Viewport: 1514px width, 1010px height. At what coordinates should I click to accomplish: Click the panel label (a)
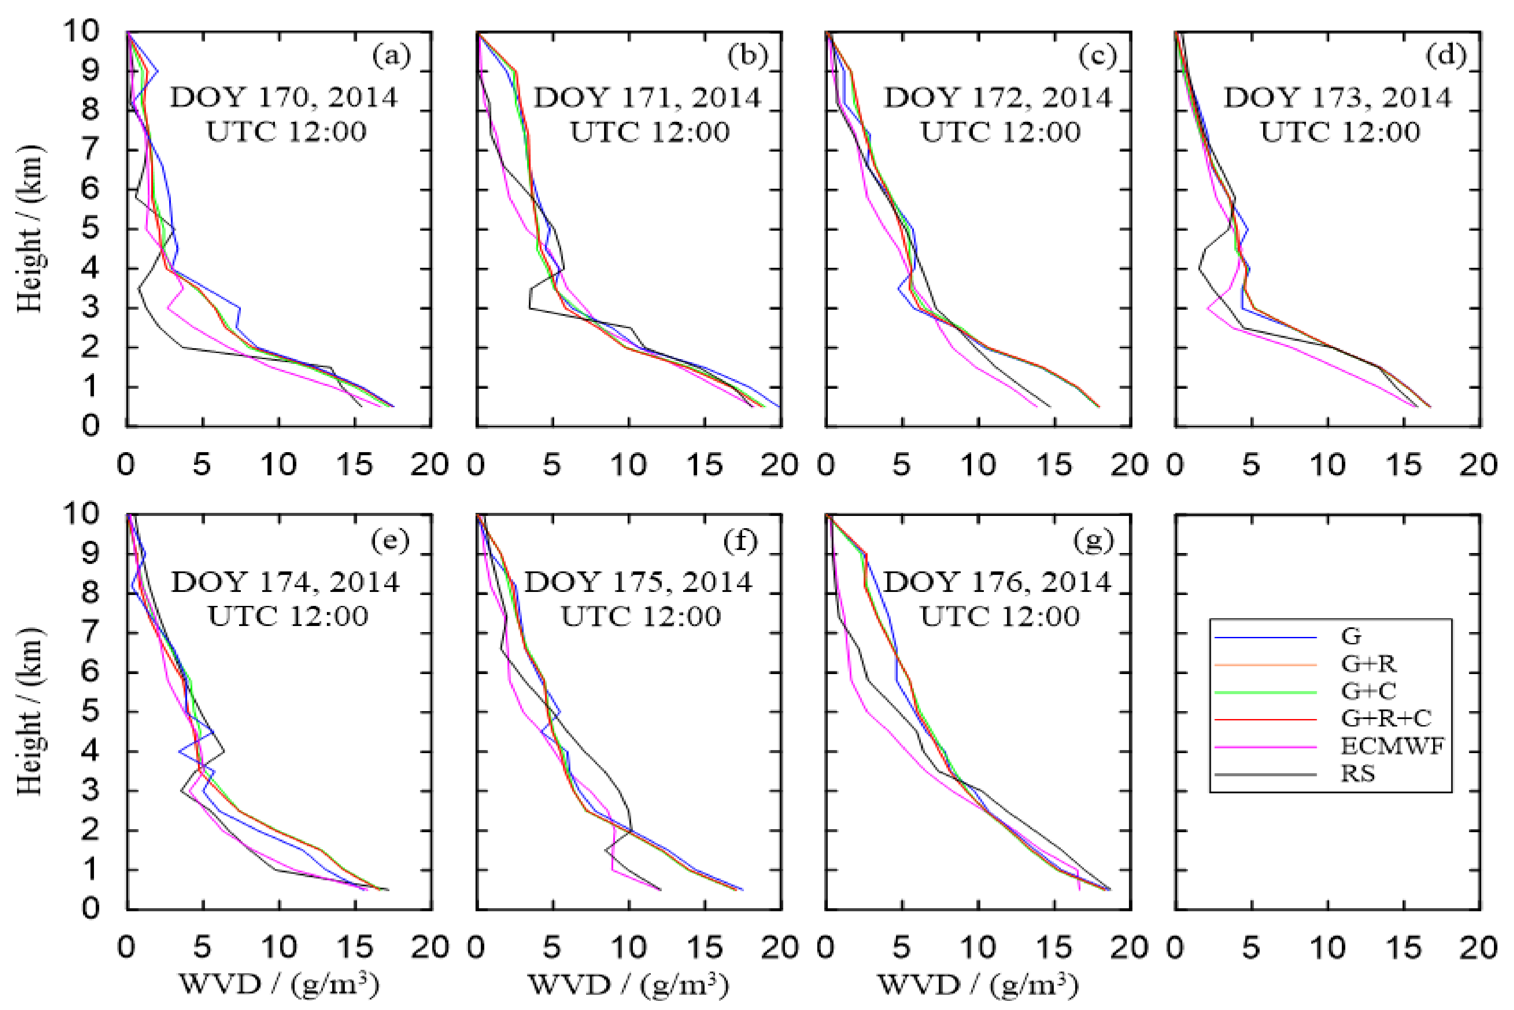tap(391, 57)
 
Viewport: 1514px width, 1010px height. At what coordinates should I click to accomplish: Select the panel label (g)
tap(1093, 540)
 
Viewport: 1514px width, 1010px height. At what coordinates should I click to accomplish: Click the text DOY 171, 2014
tap(647, 98)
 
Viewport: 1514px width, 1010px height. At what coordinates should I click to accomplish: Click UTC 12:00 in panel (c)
tap(1000, 132)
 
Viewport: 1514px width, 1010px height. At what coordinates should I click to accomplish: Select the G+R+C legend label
tap(1385, 718)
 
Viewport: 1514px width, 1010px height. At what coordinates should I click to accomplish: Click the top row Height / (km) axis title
tap(29, 228)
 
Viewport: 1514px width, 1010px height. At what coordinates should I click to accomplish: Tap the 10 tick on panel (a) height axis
tap(80, 31)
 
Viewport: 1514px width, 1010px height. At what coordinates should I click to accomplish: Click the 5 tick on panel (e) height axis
tap(90, 713)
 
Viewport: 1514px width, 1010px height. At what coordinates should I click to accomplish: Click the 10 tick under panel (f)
tap(628, 948)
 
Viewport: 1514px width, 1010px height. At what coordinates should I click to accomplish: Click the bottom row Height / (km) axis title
tap(29, 712)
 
